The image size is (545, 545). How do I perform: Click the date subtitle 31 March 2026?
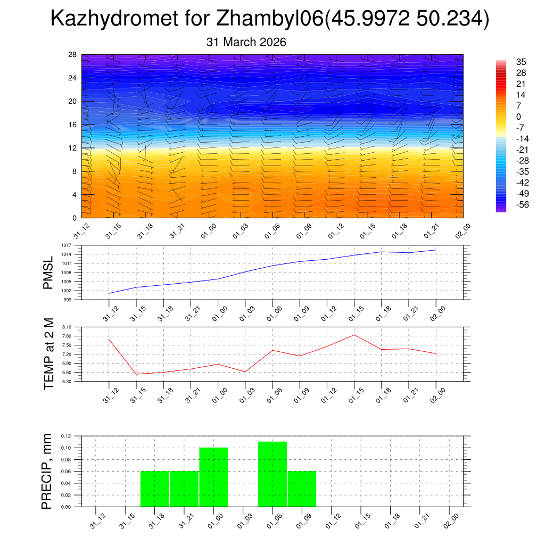click(x=246, y=42)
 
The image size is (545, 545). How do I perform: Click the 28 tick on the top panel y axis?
click(x=73, y=55)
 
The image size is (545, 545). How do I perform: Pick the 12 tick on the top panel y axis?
click(x=73, y=148)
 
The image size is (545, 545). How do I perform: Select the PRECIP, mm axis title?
click(x=48, y=472)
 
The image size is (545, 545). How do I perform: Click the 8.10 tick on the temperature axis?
click(x=67, y=327)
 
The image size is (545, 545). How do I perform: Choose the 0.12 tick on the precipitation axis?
click(x=66, y=436)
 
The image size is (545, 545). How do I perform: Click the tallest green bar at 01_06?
click(x=272, y=474)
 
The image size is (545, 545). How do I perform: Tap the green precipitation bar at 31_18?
click(x=154, y=489)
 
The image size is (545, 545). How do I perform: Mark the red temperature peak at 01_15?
click(x=354, y=335)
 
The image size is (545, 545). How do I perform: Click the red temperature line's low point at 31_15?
click(x=136, y=374)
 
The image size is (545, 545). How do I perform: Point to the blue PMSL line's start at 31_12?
click(x=109, y=293)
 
